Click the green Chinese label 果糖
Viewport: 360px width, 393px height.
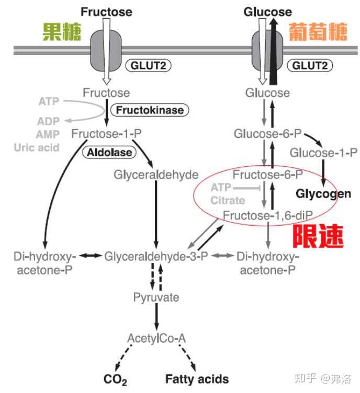[x=62, y=32]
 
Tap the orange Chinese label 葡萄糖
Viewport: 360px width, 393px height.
[x=317, y=32]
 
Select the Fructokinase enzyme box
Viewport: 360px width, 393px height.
[x=149, y=110]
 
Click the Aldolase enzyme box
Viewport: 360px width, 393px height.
[x=109, y=152]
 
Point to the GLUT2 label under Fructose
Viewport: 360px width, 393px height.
[x=148, y=65]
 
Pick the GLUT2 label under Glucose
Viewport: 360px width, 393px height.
[x=310, y=65]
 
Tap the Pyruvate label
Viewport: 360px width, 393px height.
[x=156, y=298]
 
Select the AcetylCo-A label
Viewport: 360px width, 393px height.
[x=156, y=338]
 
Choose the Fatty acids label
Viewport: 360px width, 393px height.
[x=197, y=379]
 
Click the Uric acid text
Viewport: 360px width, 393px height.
[x=36, y=147]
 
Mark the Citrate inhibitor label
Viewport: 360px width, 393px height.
[x=228, y=200]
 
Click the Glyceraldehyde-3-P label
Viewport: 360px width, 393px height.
[x=156, y=257]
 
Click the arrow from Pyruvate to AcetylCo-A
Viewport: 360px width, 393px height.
[x=156, y=318]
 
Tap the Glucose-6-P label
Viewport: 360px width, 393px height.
[x=268, y=133]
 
